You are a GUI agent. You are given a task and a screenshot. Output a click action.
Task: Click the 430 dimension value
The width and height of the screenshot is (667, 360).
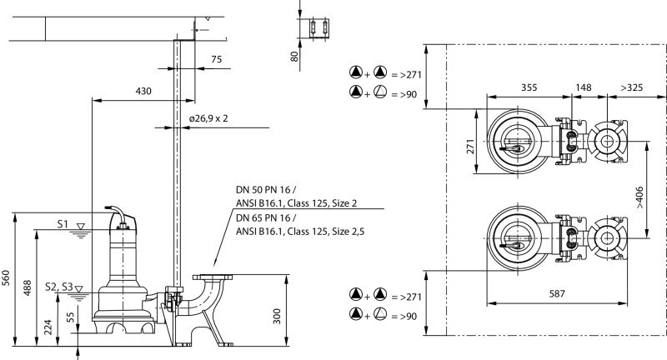point(143,91)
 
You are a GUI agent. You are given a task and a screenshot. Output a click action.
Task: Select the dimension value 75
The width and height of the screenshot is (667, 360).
point(216,59)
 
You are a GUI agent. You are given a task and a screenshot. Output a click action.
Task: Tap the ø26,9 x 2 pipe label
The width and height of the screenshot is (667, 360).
point(208,118)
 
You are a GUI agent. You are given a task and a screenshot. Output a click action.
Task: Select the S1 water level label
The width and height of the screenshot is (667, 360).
point(63,224)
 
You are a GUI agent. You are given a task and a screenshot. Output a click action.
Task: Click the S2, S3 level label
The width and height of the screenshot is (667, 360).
point(60,286)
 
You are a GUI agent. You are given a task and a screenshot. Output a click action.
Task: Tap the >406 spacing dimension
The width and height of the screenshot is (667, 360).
point(639,199)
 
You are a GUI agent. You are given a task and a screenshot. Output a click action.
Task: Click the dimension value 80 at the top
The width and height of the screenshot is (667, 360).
point(294,57)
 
